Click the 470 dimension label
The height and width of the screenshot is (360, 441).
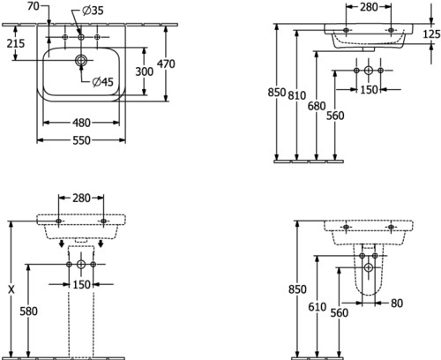(x=166, y=64)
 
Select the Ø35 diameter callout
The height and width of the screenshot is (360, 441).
(x=93, y=11)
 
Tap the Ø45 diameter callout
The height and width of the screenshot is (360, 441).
(x=102, y=81)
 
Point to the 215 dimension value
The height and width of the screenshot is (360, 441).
(x=16, y=43)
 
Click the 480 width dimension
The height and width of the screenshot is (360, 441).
(x=81, y=123)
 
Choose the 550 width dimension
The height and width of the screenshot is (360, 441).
(x=81, y=140)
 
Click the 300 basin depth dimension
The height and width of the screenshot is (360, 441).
(x=144, y=71)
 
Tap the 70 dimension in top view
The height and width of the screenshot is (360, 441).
(x=34, y=6)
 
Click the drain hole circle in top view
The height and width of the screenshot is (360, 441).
(x=81, y=60)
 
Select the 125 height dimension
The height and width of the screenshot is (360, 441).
(x=431, y=34)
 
